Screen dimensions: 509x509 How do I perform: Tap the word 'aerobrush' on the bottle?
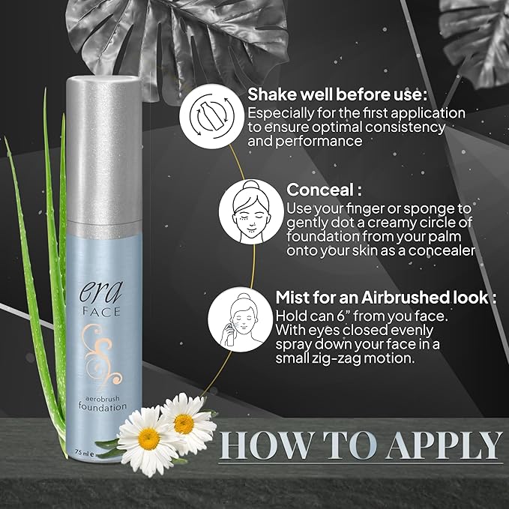(x=103, y=397)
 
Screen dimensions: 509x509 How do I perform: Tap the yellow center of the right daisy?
(x=184, y=422)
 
